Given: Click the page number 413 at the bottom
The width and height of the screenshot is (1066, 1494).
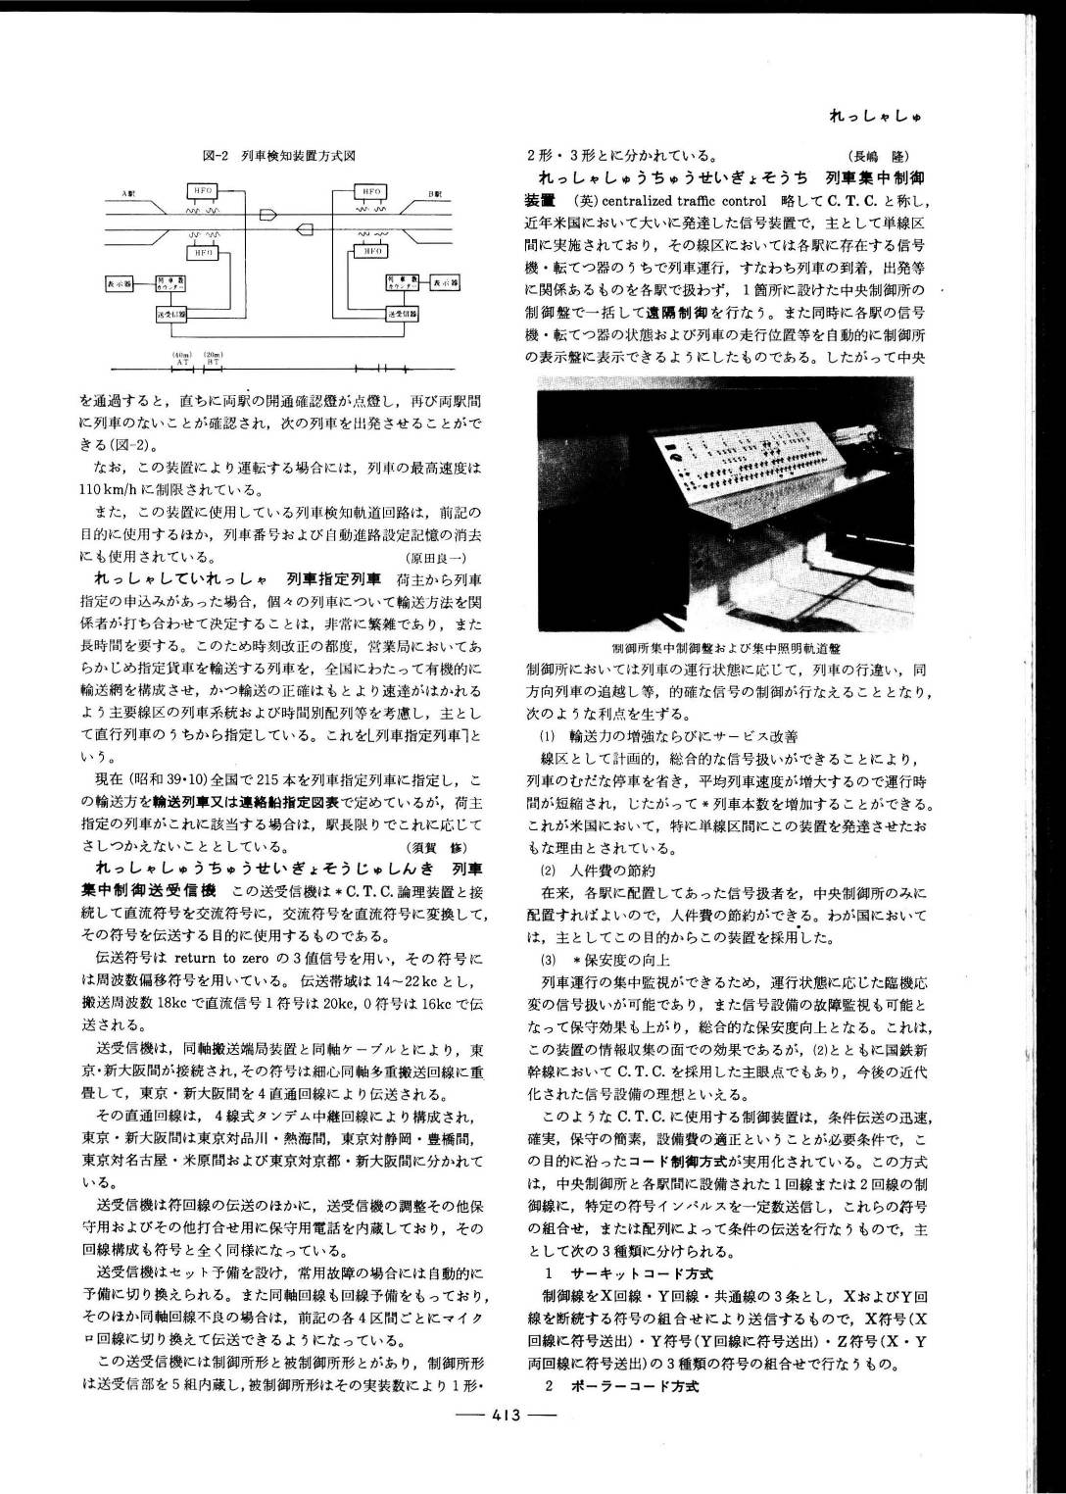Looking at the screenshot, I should pyautogui.click(x=507, y=1415).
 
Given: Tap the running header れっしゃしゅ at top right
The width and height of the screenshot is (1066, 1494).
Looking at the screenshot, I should pyautogui.click(x=875, y=117).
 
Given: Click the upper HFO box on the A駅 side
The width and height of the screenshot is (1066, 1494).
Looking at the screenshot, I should pyautogui.click(x=202, y=190).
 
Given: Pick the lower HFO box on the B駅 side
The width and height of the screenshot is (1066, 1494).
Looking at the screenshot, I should pyautogui.click(x=373, y=252).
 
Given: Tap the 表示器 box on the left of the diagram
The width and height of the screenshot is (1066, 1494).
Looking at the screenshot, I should pyautogui.click(x=120, y=283).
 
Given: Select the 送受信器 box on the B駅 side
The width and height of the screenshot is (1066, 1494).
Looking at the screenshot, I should pyautogui.click(x=402, y=314).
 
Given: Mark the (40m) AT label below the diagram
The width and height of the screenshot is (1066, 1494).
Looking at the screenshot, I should pyautogui.click(x=182, y=358).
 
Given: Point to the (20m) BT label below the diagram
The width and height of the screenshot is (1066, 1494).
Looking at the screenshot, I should pyautogui.click(x=213, y=358).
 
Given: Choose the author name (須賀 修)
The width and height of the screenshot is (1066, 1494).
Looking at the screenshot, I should pyautogui.click(x=440, y=847).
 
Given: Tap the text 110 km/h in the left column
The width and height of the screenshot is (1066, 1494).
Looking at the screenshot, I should pyautogui.click(x=110, y=489).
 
